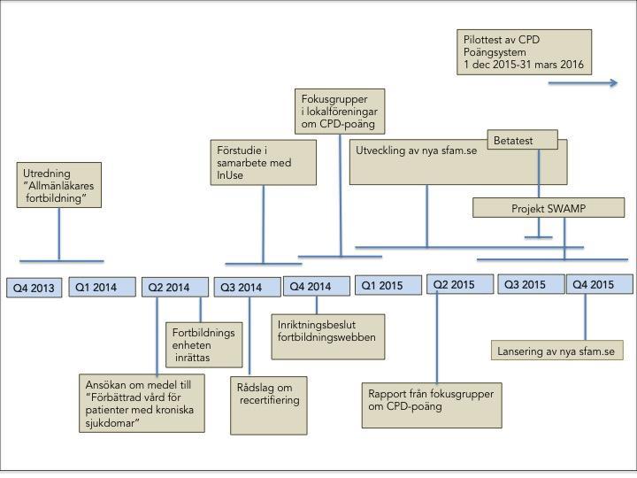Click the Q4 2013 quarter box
click(35, 288)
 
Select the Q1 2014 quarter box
click(102, 287)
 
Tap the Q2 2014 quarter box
click(175, 288)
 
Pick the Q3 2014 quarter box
click(248, 288)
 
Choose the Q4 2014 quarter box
click(317, 286)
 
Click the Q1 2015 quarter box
click(388, 285)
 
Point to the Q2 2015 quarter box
click(460, 284)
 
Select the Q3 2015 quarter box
click(532, 284)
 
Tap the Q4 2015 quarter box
click(600, 284)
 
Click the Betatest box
click(523, 140)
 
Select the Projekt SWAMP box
click(549, 208)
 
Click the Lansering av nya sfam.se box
click(557, 351)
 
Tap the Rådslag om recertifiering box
click(269, 405)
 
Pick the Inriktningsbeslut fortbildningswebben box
click(328, 336)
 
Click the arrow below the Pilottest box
click(583, 83)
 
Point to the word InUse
click(230, 175)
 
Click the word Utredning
click(47, 173)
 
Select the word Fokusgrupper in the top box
click(334, 99)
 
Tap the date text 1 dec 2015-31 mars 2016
click(524, 65)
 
